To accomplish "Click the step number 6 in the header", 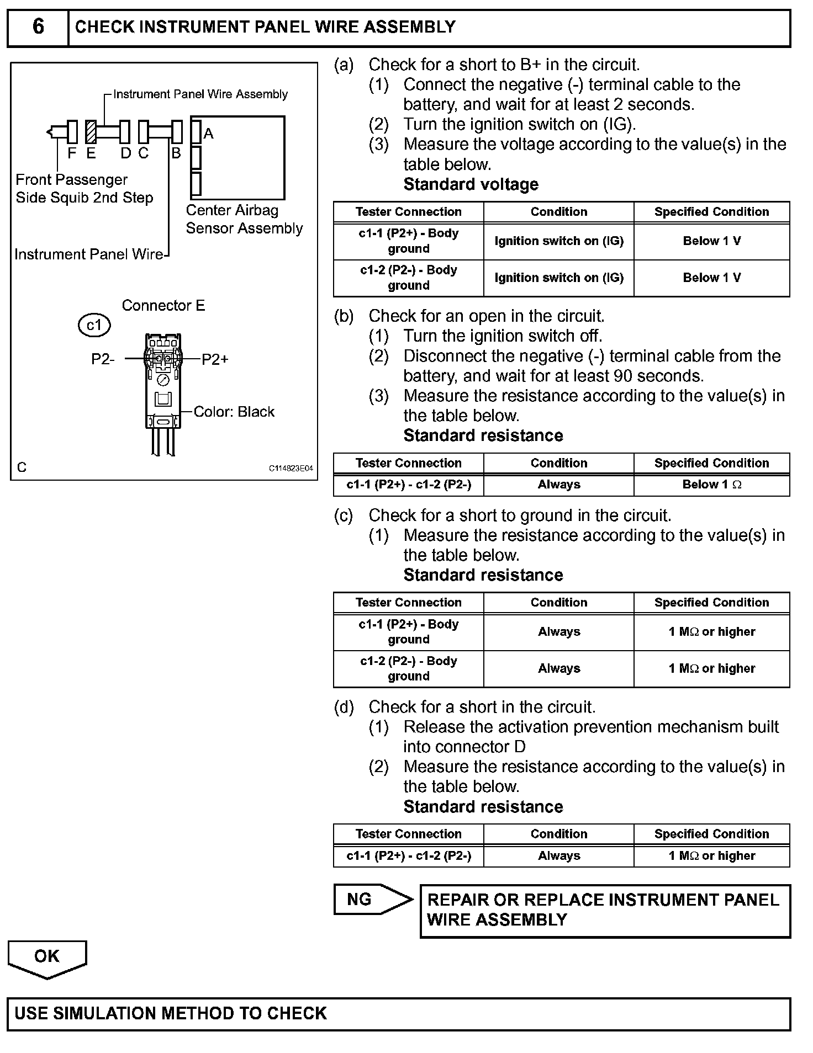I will pos(38,26).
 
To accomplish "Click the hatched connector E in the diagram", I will pos(91,132).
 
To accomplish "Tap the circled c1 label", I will pos(94,325).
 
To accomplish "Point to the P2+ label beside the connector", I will pos(215,360).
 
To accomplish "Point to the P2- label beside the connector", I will pos(103,360).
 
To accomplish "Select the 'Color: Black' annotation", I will pos(234,412).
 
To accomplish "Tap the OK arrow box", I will pos(47,958).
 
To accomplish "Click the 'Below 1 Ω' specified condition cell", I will pos(711,485).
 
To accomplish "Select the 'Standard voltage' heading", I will pos(471,184).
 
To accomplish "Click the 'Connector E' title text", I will pos(163,306).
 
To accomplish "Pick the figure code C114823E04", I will pos(291,468).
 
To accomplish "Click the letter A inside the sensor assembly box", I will pos(208,134).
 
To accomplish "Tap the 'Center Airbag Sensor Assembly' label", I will pos(244,219).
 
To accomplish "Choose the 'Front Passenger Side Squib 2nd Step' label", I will pos(84,189).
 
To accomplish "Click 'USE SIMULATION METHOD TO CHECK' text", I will pos(171,1013).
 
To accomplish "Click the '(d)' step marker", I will pos(344,707).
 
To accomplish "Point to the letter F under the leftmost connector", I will pos(72,154).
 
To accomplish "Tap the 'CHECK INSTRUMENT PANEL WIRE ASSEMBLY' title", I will pos(265,27).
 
